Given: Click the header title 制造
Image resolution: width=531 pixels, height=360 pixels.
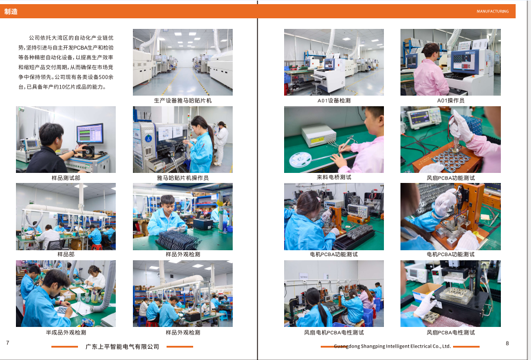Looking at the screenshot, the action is coord(11,11).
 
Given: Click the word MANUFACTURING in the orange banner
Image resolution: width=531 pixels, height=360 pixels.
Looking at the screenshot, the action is coord(493,11).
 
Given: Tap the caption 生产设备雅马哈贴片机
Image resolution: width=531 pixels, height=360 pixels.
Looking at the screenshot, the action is coord(183,100).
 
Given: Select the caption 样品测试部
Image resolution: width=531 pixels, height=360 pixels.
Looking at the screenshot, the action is coord(66,178).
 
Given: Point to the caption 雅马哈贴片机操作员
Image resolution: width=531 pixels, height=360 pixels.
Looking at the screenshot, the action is coord(183,178).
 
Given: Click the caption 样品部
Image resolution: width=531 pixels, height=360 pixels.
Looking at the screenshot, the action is coord(66,254).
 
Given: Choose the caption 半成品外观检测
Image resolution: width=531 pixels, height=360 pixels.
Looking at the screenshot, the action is coord(66,333).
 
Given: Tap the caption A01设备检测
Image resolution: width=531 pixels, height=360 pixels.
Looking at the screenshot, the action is coord(334,100).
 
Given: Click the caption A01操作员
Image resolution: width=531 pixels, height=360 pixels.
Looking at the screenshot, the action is coord(451,100).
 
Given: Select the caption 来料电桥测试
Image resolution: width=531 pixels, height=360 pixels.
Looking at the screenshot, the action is coord(334,177).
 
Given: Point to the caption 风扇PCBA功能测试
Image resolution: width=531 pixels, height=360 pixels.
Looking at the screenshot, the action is coord(451,178).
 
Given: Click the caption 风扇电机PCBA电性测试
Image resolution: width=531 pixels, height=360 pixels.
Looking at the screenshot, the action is coord(334,333).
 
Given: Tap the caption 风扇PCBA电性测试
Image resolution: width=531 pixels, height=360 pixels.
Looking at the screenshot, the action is coord(451,333).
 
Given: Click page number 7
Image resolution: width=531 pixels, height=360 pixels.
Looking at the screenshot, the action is coord(8,343).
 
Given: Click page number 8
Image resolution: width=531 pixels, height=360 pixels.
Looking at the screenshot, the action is coord(507,343).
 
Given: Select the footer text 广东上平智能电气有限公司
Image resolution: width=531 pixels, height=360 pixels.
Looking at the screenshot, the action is coord(122,346).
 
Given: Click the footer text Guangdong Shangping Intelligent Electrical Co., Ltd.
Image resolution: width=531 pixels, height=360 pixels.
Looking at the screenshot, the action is coord(392,346).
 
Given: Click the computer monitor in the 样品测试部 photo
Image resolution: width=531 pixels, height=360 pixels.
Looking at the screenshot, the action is coord(90,133).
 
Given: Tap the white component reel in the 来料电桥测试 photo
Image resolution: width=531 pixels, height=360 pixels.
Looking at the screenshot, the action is coord(300,159).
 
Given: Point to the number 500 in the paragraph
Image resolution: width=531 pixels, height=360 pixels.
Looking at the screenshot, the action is coord(103,77).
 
